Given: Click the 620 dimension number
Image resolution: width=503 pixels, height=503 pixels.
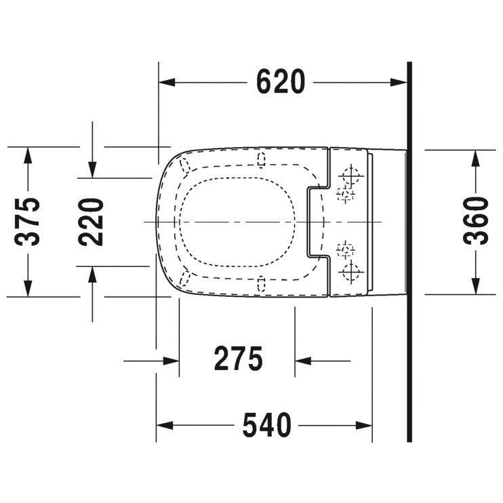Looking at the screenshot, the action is tap(281, 81).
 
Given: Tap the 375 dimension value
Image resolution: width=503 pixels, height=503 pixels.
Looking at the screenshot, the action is tap(28, 222).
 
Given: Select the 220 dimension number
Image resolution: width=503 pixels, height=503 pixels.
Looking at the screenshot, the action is tap(91, 222).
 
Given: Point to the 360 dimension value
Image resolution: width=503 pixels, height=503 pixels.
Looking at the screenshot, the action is tap(476, 221).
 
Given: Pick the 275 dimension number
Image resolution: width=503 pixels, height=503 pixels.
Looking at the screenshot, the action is tap(239, 359).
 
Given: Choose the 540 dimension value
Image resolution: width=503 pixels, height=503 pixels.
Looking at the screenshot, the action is tap(267, 425).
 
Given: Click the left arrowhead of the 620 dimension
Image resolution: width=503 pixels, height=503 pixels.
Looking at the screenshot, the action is tap(167, 83).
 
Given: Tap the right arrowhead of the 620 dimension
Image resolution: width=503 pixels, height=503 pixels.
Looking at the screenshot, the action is tap(399, 83).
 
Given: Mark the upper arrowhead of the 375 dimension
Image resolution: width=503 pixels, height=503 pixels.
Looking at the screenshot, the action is tap(28, 155).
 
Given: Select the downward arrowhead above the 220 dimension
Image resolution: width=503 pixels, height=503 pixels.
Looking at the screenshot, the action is tap(92, 169).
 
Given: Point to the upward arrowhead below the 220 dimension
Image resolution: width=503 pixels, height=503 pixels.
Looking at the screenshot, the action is tap(92, 275).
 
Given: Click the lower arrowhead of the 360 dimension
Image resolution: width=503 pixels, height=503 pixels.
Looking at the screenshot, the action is tap(475, 286).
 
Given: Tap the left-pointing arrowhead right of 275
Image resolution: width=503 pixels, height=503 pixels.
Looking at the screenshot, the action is tap(303, 361).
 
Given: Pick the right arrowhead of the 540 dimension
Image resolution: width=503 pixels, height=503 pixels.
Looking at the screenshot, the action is tap(364, 426).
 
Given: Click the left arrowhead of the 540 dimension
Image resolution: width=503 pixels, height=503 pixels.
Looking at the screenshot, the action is tap(165, 426).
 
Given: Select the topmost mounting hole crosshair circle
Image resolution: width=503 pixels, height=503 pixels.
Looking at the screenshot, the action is tap(351, 176).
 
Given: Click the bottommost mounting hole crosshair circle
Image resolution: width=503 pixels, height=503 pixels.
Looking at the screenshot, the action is tap(351, 272).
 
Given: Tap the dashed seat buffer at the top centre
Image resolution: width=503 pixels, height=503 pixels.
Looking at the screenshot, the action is tap(262, 159).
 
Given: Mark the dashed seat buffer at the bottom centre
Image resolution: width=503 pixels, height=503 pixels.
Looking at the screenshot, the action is tap(262, 283).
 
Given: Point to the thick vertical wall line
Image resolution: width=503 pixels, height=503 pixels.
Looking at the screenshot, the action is tap(409, 251).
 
